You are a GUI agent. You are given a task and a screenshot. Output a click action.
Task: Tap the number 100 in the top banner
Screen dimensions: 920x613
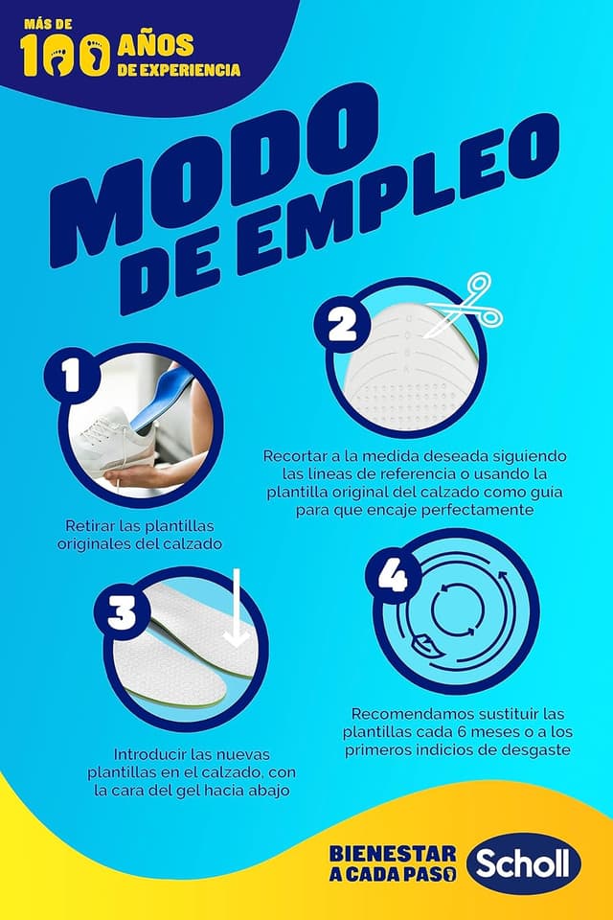click(64, 57)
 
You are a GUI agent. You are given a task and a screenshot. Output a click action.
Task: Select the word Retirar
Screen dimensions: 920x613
click(90, 526)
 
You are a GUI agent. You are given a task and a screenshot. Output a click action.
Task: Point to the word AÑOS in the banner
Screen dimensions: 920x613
click(155, 44)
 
